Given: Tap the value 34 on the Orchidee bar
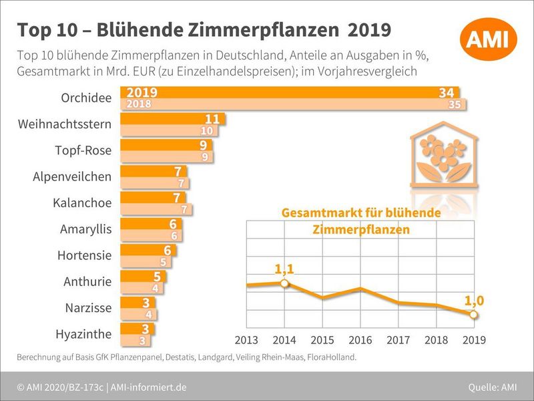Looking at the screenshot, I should coord(447,93).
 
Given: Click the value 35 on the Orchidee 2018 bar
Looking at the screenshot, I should coord(455,104).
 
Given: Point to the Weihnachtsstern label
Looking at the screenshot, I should coord(65,124).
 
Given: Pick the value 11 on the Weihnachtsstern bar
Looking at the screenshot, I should coord(212,120).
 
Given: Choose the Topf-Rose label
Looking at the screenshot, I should coord(83,150).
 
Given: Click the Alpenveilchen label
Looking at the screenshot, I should coord(72,176).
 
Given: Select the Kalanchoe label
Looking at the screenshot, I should coord(82,203).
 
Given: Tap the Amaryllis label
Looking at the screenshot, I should coord(85,229).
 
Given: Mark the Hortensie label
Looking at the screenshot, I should coord(84,255).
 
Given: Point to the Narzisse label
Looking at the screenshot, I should coord(88,308).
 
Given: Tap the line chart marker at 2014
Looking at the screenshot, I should coord(285,283).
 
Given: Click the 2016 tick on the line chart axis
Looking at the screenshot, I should coord(360,340).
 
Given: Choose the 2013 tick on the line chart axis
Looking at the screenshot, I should coord(247,340).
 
